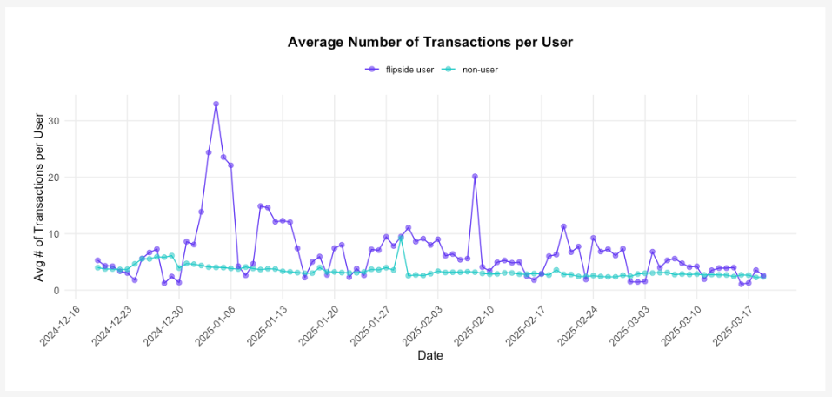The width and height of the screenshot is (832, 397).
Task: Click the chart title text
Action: click(430, 42)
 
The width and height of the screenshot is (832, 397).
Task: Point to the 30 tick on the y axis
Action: click(65, 121)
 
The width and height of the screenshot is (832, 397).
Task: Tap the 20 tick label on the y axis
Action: click(65, 178)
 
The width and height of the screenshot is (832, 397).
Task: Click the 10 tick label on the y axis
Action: click(65, 234)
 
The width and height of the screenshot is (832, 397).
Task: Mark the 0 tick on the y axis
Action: click(68, 291)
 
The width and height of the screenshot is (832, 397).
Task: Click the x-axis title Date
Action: click(430, 355)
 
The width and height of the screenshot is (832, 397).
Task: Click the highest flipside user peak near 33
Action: click(216, 104)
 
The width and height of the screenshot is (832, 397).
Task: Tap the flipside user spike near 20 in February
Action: click(475, 176)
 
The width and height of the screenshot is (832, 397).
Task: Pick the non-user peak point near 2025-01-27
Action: click(401, 236)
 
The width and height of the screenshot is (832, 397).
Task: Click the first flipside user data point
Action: click(97, 260)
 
